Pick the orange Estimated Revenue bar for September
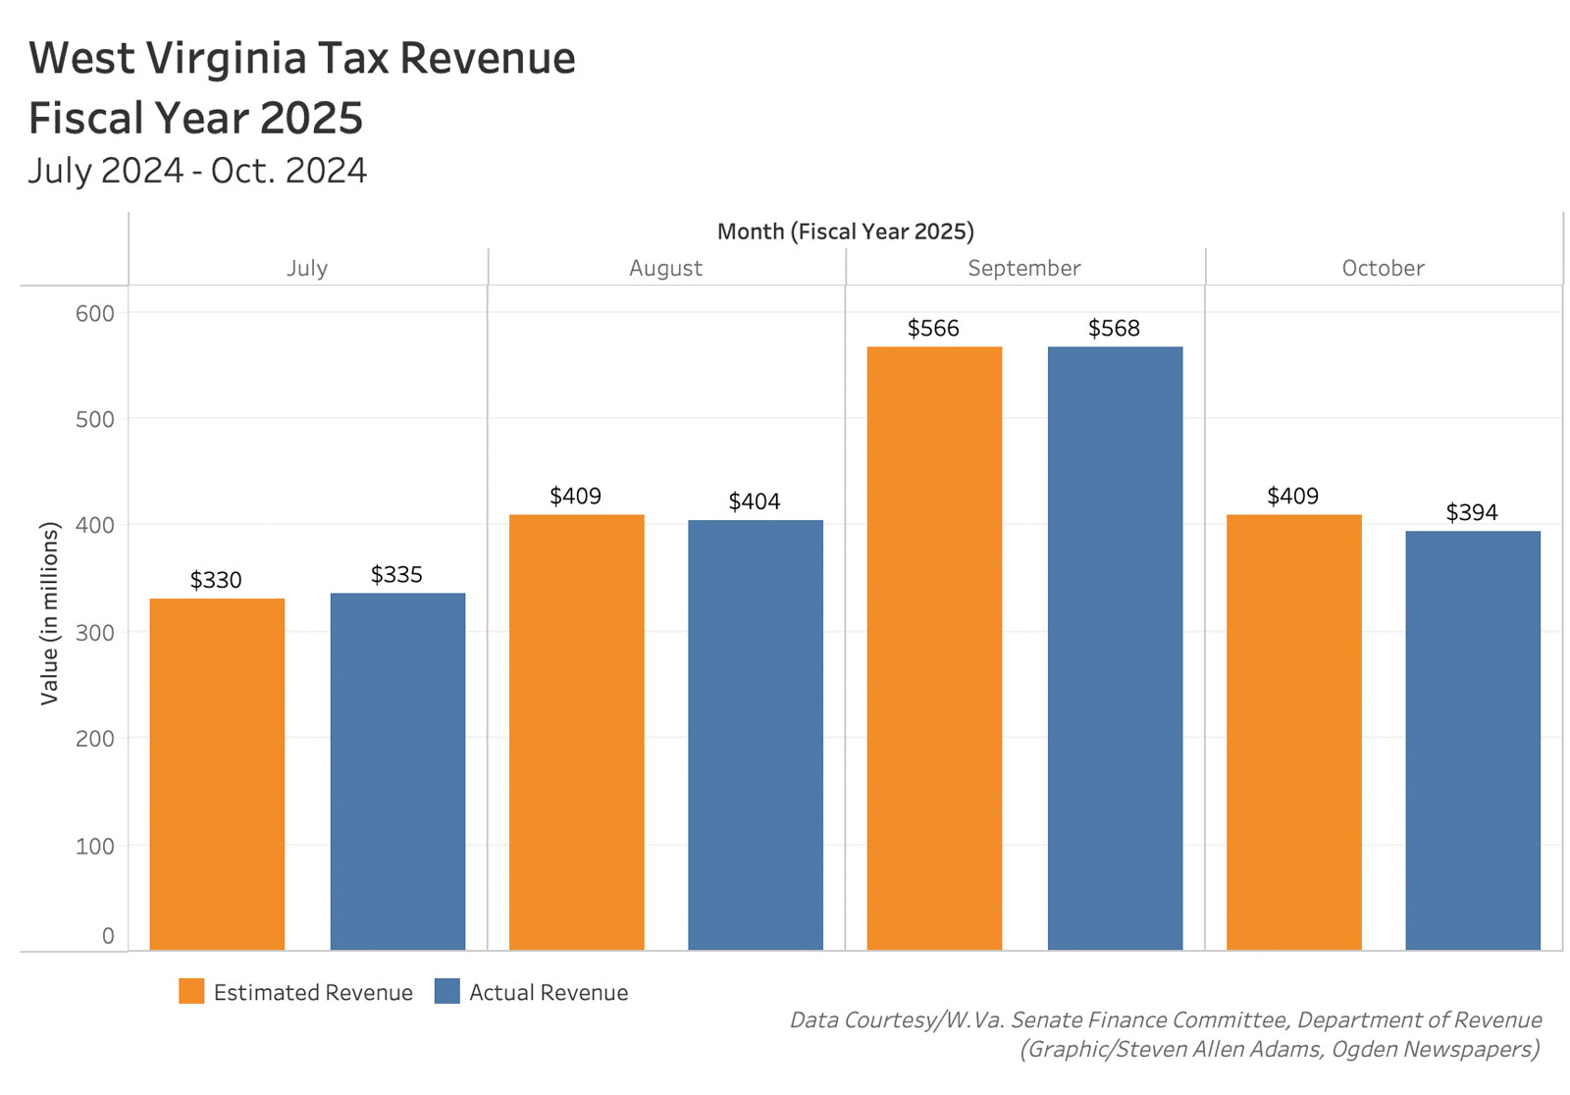[x=934, y=648]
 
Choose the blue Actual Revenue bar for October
[x=1472, y=740]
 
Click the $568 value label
[x=1114, y=329]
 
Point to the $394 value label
[x=1472, y=512]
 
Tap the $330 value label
[x=216, y=580]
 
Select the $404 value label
[x=755, y=501]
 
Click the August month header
[x=665, y=268]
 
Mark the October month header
[x=1383, y=268]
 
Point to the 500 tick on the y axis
[x=95, y=419]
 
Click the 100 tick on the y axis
[x=95, y=846]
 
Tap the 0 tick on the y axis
[x=108, y=936]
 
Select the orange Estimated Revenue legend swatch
[x=191, y=991]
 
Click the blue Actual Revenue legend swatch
[x=446, y=991]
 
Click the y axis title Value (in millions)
[x=49, y=613]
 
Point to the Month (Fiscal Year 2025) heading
[x=845, y=232]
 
